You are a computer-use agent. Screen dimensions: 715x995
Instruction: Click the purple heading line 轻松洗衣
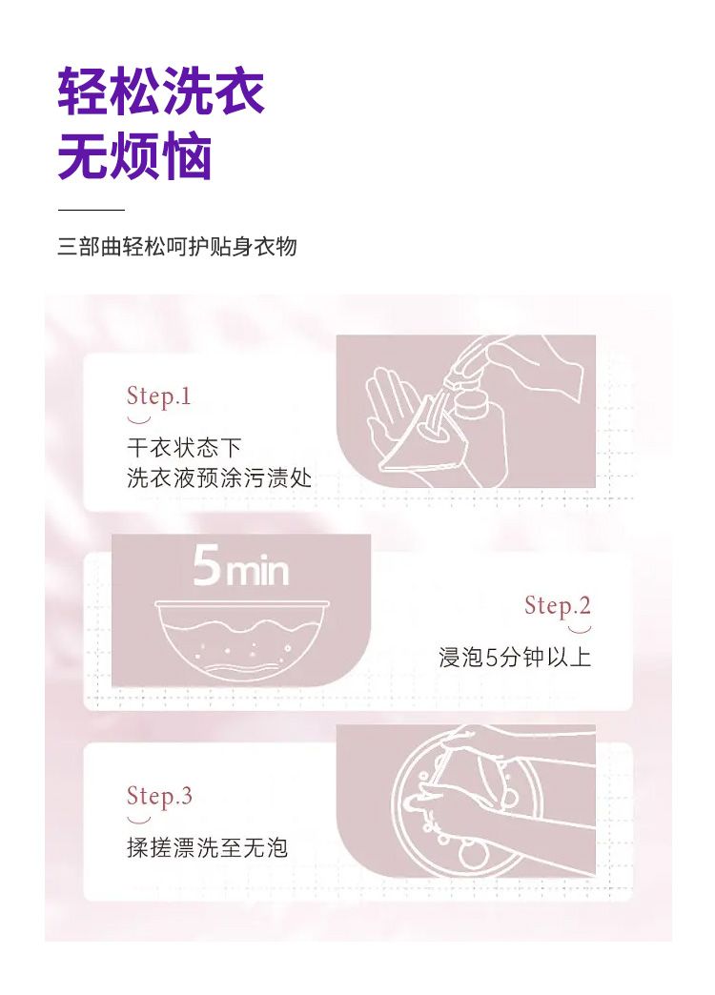161,92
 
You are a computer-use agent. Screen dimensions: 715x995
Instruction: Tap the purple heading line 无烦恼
134,156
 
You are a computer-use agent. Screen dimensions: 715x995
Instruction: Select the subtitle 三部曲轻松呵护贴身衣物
177,246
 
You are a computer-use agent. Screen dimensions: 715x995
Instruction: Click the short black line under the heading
92,210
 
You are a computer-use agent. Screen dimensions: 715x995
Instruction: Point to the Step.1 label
159,396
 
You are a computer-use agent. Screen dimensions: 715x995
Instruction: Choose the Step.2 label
558,605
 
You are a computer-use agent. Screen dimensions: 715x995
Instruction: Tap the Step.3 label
159,796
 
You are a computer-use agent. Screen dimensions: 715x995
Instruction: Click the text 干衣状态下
184,448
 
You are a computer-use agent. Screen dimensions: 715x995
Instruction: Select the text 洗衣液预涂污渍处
219,477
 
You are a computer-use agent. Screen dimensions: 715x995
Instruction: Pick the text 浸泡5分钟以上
515,658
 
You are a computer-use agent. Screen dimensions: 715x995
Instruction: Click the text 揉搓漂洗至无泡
208,848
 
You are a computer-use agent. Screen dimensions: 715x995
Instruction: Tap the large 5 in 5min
206,565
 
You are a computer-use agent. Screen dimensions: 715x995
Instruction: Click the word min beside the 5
257,571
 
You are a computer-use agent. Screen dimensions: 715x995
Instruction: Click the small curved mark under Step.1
139,419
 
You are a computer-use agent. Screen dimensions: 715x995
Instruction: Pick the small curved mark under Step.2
579,629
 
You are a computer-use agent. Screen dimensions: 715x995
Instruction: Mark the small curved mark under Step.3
139,820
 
